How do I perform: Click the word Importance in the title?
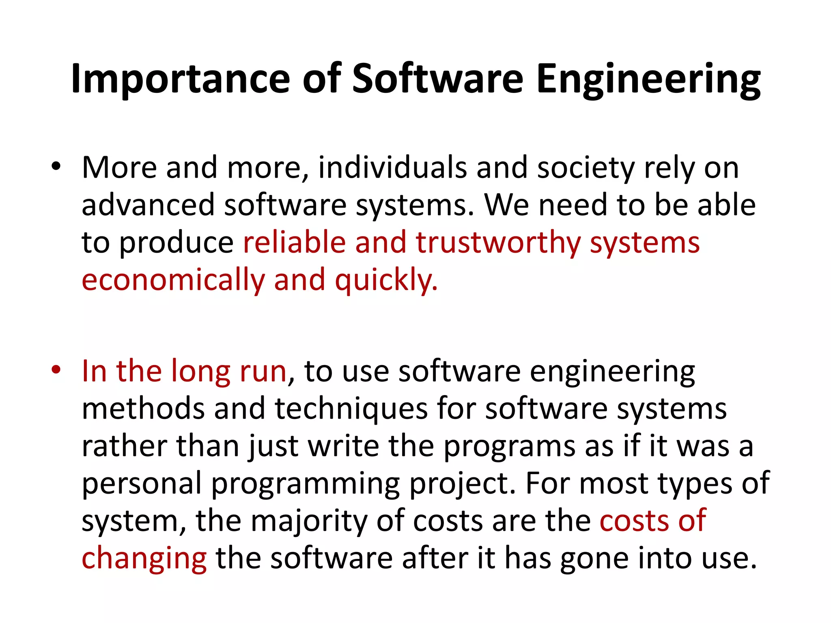point(180,79)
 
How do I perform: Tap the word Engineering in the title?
point(648,79)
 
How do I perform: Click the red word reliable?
point(294,242)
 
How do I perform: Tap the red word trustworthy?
point(498,243)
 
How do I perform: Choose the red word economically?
point(173,280)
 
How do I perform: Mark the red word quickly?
point(386,280)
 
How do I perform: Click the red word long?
point(200,372)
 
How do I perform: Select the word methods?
point(143,408)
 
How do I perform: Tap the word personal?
point(142,483)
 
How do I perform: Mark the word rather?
point(124,446)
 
